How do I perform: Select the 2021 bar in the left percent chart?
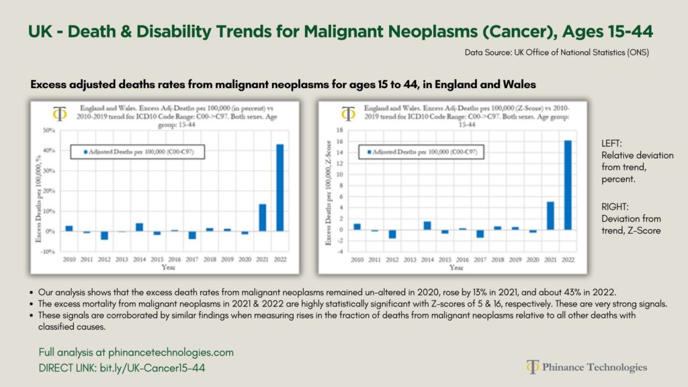pyautogui.click(x=263, y=217)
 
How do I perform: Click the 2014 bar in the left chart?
pyautogui.click(x=139, y=226)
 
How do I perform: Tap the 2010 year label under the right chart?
pyautogui.click(x=357, y=259)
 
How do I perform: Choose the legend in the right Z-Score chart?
pyautogui.click(x=424, y=152)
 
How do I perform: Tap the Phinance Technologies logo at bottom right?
pyautogui.click(x=587, y=367)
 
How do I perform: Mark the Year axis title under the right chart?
pyautogui.click(x=456, y=267)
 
